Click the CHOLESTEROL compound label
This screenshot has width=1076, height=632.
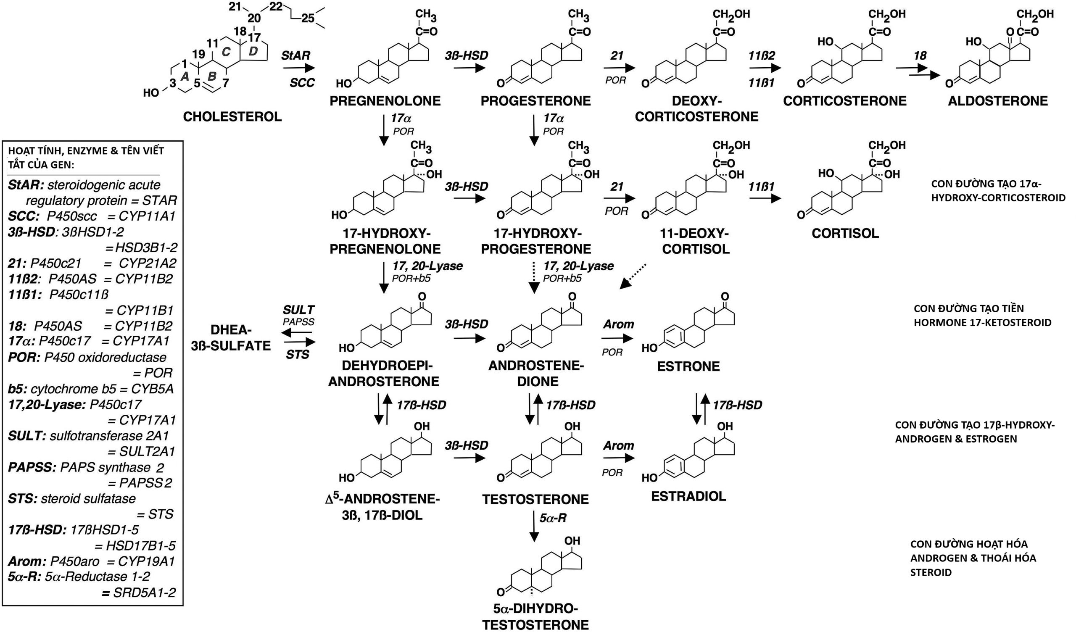click(232, 116)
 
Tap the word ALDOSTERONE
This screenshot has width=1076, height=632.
click(998, 101)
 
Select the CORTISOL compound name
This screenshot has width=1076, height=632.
click(845, 233)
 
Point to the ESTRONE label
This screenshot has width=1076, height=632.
click(688, 366)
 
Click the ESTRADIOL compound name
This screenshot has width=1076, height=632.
click(688, 496)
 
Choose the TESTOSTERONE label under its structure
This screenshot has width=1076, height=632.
click(535, 499)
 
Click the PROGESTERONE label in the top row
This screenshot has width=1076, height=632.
click(535, 101)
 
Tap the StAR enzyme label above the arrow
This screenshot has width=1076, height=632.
click(295, 55)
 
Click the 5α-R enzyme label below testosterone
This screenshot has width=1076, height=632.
click(553, 518)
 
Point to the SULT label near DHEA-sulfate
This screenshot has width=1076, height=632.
click(298, 310)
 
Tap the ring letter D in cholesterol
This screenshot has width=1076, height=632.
click(253, 51)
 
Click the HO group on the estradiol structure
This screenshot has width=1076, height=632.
click(649, 477)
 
